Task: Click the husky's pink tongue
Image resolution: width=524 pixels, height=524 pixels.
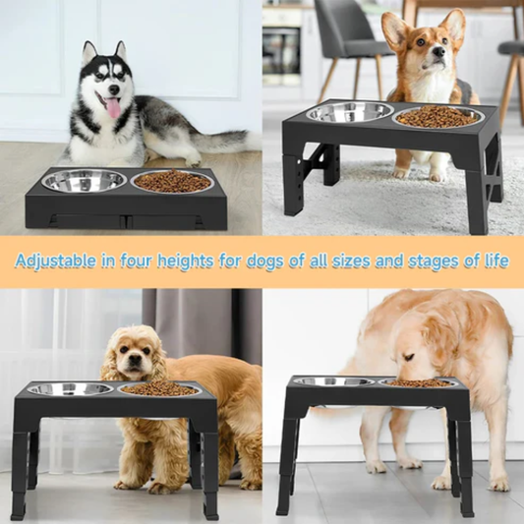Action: coord(113,107)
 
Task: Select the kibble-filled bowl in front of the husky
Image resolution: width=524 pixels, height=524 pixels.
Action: coord(172,182)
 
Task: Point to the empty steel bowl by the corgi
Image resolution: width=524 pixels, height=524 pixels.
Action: coord(350,112)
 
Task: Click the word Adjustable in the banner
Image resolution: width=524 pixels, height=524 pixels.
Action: coord(57,261)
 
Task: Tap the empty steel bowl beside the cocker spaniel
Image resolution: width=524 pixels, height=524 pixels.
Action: coord(70,389)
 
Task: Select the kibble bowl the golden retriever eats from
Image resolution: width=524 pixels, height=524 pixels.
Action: coord(418,382)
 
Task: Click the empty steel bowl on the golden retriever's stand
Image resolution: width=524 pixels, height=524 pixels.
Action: coord(332,381)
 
